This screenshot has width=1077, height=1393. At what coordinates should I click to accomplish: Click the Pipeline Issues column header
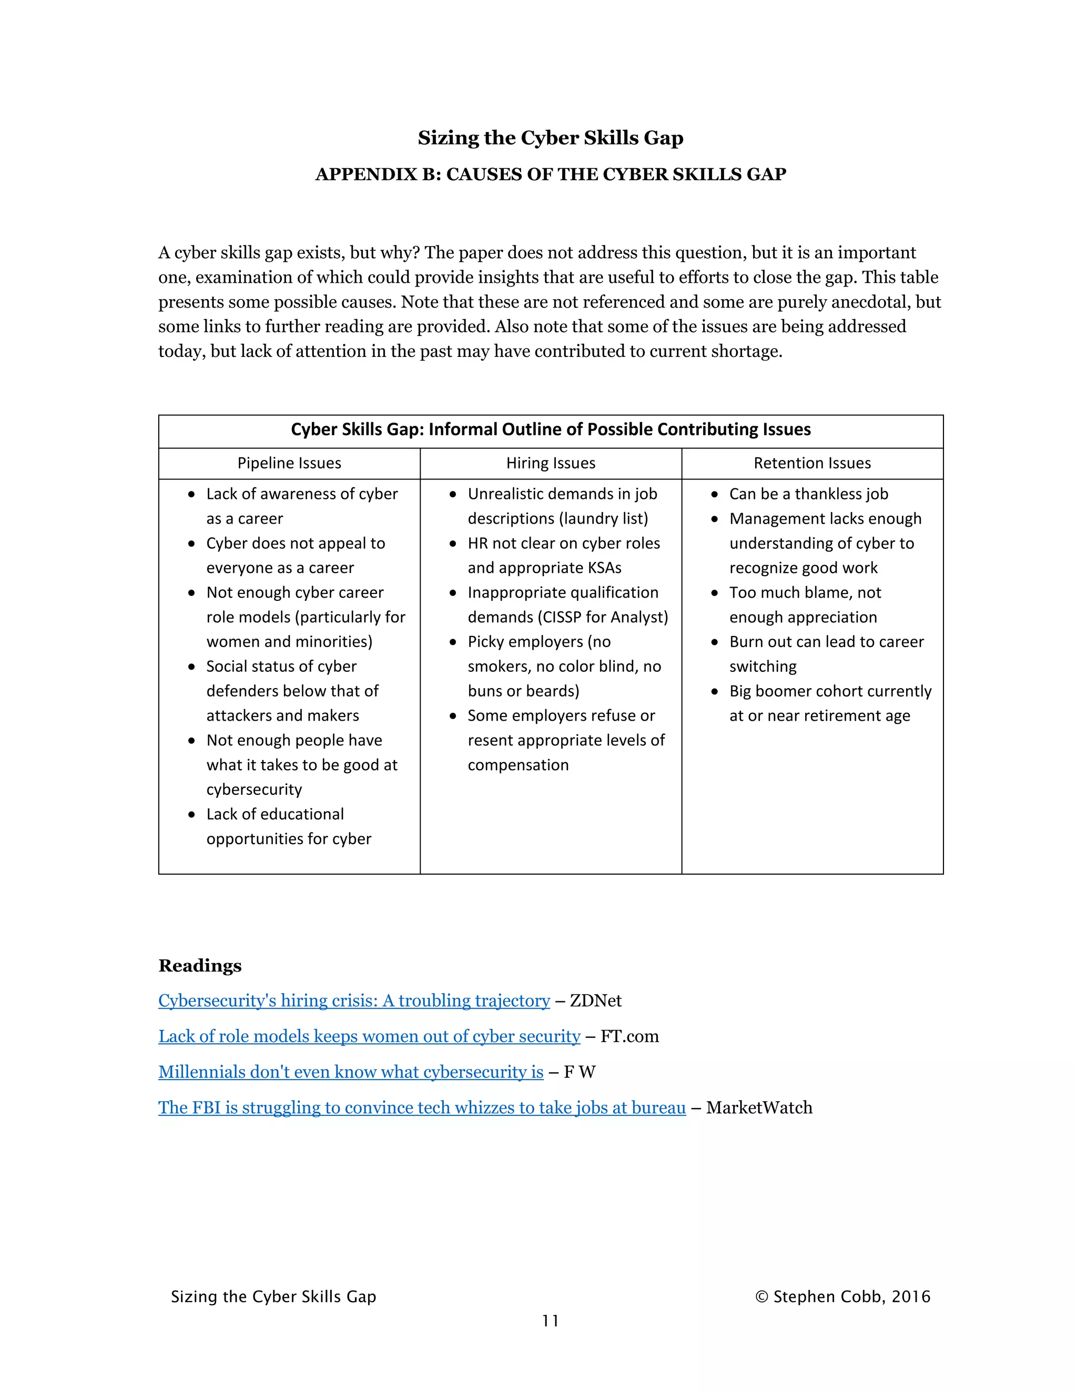point(289,463)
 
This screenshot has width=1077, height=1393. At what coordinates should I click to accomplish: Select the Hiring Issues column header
point(551,463)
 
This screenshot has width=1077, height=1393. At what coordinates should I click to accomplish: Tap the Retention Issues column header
point(811,463)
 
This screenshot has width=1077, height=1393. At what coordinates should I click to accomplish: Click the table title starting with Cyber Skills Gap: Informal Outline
point(551,429)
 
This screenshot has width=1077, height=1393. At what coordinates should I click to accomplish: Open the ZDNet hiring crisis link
point(353,1001)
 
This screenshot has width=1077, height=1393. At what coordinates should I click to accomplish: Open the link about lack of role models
point(369,1037)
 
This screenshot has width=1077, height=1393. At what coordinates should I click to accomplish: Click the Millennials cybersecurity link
point(350,1072)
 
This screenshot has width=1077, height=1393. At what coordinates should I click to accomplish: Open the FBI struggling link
point(422,1108)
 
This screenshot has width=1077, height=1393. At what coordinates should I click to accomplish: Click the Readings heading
point(200,966)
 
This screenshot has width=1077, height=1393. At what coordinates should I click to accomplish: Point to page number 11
point(550,1321)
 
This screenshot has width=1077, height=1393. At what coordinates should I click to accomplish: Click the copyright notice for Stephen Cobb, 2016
point(842,1297)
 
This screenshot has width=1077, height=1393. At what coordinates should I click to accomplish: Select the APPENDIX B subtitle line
point(551,174)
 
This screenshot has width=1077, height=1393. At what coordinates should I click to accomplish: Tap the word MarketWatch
point(759,1108)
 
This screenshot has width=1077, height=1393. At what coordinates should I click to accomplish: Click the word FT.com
point(629,1037)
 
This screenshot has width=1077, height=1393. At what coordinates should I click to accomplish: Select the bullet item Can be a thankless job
point(808,494)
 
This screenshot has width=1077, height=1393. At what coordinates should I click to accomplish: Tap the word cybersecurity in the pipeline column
point(254,790)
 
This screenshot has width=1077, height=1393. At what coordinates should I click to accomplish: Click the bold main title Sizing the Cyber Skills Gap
point(551,138)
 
